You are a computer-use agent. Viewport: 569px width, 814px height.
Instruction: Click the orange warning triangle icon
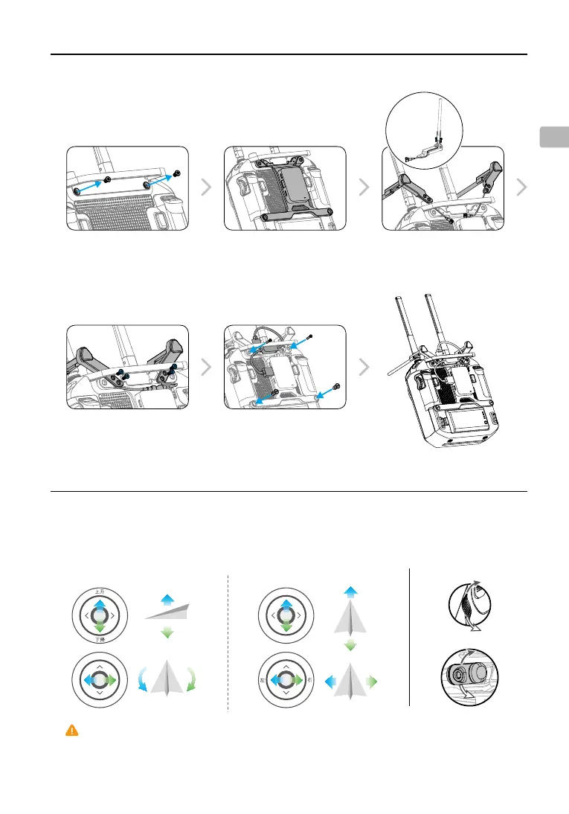71,731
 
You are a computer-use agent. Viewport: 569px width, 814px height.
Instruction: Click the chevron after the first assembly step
206,188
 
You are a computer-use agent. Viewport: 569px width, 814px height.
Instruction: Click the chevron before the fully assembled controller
364,367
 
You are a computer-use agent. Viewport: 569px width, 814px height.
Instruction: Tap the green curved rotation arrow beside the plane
193,680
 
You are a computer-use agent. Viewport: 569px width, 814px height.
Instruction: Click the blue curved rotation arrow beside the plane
141,680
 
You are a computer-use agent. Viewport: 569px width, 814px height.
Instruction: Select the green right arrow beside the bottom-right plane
373,681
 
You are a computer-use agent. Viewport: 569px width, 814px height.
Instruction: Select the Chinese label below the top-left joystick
99,639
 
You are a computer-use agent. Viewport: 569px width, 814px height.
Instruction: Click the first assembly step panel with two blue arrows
126,188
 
